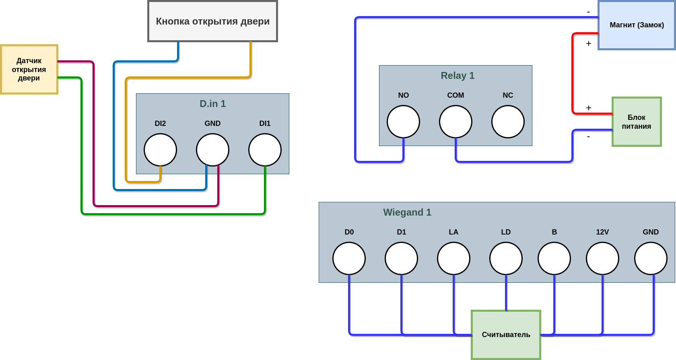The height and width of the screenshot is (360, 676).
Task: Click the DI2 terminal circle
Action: click(160, 150)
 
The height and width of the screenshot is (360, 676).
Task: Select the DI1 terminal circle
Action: click(265, 150)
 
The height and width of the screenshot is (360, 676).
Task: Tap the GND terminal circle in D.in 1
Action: click(212, 150)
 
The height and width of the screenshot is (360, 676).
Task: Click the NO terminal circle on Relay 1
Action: click(403, 121)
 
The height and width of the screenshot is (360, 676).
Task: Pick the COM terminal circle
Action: click(455, 121)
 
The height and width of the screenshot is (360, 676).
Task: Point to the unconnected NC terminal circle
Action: click(508, 121)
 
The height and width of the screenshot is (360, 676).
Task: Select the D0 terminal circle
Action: click(349, 258)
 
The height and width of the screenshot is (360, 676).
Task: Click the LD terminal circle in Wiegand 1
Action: click(506, 258)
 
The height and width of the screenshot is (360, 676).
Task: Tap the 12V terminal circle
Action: click(602, 258)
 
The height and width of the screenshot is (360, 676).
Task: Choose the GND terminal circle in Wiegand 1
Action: click(651, 258)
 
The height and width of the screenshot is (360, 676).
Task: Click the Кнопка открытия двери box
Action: click(212, 21)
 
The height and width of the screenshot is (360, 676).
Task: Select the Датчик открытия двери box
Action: click(29, 69)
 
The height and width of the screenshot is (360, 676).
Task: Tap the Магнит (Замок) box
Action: click(637, 25)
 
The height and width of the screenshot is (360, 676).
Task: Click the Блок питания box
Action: click(637, 121)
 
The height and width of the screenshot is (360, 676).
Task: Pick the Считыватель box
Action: click(506, 335)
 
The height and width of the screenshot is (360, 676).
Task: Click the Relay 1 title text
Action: click(458, 76)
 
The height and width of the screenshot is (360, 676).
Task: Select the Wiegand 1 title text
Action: click(407, 212)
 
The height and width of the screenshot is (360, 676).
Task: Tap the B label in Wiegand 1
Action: click(554, 232)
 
